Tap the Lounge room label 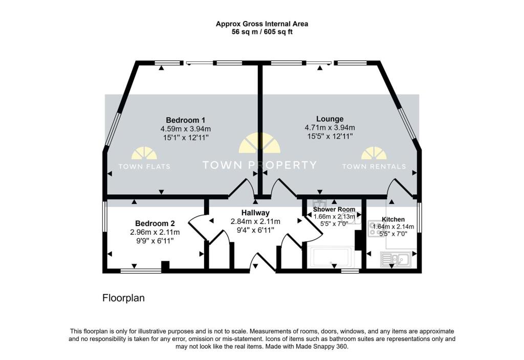coord(330,119)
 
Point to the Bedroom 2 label coord(155,223)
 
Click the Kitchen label coord(393,219)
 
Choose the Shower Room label coord(334,209)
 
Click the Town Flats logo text coord(144,166)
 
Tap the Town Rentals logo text coord(374,166)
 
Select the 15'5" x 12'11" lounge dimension coord(330,137)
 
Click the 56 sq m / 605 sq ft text coord(261,32)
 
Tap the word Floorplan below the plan coord(123,298)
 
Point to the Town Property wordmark coord(259,165)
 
